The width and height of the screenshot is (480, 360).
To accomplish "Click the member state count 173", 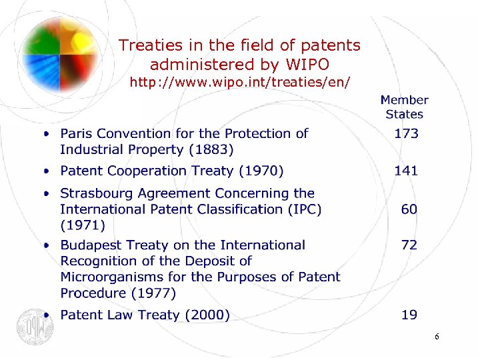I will point(406,133).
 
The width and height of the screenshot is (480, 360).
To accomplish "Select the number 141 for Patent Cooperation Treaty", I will point(406,171).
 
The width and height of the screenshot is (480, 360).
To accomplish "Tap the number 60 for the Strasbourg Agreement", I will point(409,209).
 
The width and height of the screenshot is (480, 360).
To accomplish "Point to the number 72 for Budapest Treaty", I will point(409,245).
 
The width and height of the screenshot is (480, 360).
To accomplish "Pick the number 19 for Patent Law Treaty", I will point(409,315).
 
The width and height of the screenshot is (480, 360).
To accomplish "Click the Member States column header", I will point(404,107).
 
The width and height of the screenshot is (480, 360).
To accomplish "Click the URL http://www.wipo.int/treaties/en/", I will point(239,82).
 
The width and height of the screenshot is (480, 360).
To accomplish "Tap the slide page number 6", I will point(437,337).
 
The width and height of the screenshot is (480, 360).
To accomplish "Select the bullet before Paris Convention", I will point(47,134).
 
